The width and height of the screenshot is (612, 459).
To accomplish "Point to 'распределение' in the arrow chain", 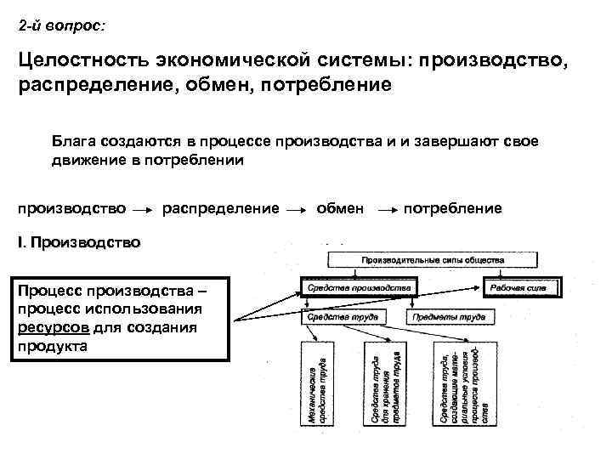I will tap(220, 208).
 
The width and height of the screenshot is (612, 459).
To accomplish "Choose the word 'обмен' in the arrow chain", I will tap(340, 208).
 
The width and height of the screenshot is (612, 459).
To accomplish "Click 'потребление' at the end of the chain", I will tap(453, 208).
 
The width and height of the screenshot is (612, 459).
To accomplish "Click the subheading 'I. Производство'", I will tap(79, 242).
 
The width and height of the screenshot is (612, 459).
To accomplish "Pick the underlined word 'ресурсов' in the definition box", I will tap(48, 328).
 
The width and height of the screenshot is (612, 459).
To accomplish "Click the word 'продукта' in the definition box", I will tap(52, 346).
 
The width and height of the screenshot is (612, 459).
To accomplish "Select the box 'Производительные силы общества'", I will tap(433, 259).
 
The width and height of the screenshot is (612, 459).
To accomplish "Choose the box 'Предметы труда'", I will tap(449, 318).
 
